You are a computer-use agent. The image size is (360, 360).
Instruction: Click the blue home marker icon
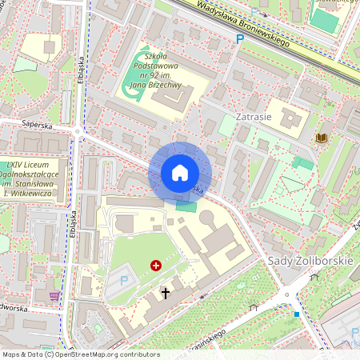pos(180,173)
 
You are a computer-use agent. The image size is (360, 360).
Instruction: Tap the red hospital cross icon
pos(155,264)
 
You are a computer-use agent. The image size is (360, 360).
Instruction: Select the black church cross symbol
pos(166,294)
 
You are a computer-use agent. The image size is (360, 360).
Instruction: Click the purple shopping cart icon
pos(54,296)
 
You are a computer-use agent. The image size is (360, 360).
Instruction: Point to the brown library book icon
pos(322,138)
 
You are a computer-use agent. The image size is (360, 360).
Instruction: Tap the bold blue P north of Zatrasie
pos(238,39)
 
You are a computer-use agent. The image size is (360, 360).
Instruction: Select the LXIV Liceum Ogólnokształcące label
pos(32,179)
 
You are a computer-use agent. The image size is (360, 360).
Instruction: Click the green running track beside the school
pos(132,86)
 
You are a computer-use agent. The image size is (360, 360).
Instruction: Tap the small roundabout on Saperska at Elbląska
pos(78,131)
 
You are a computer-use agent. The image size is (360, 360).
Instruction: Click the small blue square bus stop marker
pos(297,314)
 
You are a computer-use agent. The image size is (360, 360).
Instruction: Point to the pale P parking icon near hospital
pos(124,280)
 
